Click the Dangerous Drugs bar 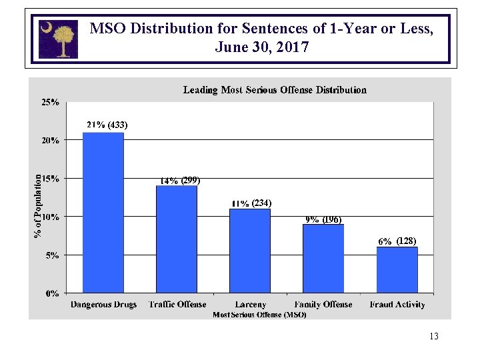pyautogui.click(x=103, y=213)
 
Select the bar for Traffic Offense pyautogui.click(x=177, y=239)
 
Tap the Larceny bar pyautogui.click(x=250, y=251)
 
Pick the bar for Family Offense pyautogui.click(x=323, y=258)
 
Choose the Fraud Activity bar pyautogui.click(x=397, y=269)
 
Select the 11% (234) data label pyautogui.click(x=252, y=203)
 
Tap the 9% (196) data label pyautogui.click(x=324, y=219)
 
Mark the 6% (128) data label pyautogui.click(x=397, y=241)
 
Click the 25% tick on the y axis pyautogui.click(x=51, y=103)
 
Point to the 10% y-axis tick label pyautogui.click(x=51, y=217)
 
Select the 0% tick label pyautogui.click(x=53, y=293)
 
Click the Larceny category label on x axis pyautogui.click(x=250, y=305)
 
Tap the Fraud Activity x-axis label pyautogui.click(x=397, y=305)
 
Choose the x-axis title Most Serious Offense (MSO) pyautogui.click(x=259, y=315)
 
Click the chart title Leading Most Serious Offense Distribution pyautogui.click(x=275, y=89)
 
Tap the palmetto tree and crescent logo pyautogui.click(x=58, y=39)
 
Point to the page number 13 pyautogui.click(x=434, y=336)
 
